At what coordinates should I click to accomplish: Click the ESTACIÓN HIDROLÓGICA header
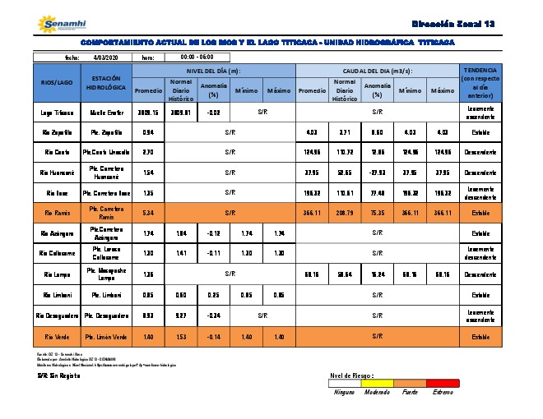(106, 83)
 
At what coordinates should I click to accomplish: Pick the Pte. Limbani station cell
(106, 294)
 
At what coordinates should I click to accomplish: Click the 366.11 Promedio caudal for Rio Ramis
(312, 213)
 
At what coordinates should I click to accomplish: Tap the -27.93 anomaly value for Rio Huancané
(378, 173)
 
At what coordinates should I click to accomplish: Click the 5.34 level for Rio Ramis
(148, 213)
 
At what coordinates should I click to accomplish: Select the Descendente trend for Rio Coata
(480, 152)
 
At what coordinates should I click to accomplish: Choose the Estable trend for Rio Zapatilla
(480, 131)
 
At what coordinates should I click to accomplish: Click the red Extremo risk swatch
(443, 382)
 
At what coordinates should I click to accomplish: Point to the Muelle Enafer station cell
(106, 111)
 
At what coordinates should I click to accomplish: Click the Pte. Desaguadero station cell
(106, 315)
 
